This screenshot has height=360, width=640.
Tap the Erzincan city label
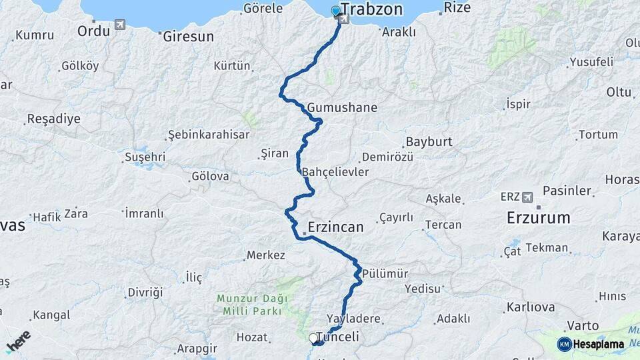point(336,227)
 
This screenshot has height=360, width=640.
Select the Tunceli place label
point(338,337)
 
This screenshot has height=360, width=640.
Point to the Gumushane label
point(342,107)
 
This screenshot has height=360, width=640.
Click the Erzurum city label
point(539,217)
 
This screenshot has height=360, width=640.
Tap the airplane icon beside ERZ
point(529,197)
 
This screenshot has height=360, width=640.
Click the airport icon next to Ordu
point(120,25)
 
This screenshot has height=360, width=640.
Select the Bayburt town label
point(429,142)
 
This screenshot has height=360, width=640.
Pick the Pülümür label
point(385,273)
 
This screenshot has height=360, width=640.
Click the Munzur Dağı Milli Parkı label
point(248,304)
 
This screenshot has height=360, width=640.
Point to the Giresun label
point(189,36)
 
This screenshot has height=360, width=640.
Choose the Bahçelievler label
point(335,172)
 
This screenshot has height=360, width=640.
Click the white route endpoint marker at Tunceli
point(313,339)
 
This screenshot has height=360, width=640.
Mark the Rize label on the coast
point(457,8)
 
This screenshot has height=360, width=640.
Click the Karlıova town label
point(531,307)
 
